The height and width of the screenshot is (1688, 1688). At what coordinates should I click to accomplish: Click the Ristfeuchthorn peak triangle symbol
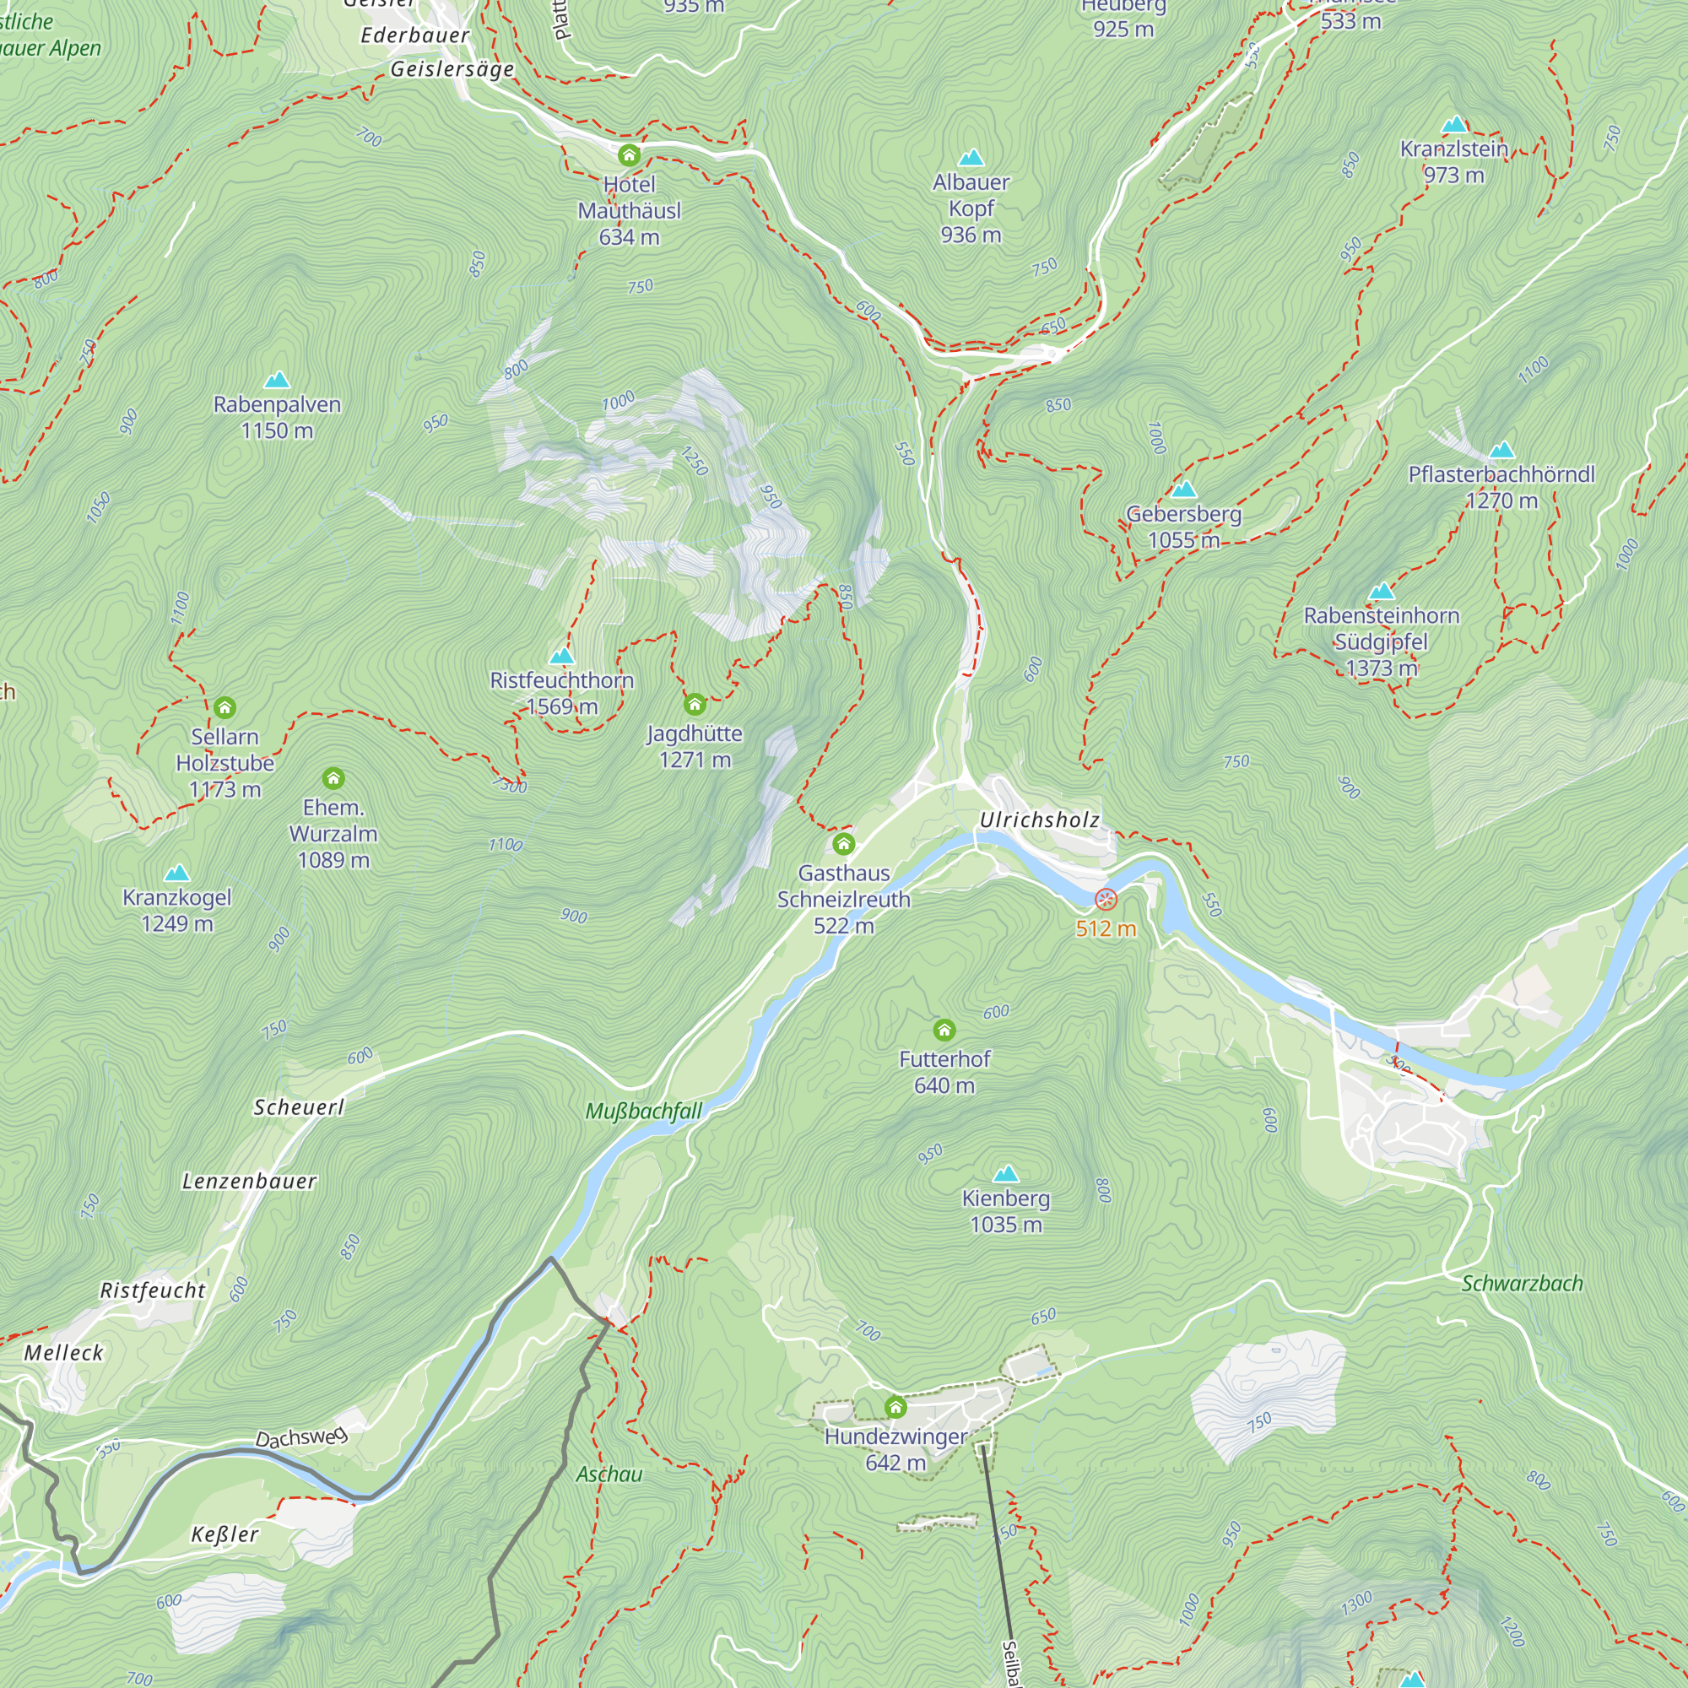(x=562, y=656)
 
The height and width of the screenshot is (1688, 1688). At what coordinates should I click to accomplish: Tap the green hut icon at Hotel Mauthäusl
(x=629, y=156)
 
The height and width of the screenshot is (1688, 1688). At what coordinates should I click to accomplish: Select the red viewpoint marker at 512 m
(x=1106, y=900)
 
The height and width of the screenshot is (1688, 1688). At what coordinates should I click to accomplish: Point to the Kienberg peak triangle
(x=1007, y=1173)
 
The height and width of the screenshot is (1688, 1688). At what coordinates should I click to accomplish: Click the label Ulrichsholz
(x=1039, y=820)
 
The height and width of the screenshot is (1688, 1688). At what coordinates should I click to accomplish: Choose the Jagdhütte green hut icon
(x=695, y=704)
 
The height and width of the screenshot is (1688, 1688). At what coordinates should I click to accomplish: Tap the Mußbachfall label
(x=644, y=1112)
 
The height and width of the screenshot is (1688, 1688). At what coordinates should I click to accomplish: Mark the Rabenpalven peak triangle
(x=277, y=379)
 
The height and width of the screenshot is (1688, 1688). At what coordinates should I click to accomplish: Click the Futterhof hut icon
(x=944, y=1030)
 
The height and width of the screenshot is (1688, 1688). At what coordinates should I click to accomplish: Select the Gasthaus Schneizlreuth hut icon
(x=843, y=844)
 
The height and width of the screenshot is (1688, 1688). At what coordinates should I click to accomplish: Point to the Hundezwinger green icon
(x=895, y=1408)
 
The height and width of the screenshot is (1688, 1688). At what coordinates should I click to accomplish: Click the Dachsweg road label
(x=300, y=1437)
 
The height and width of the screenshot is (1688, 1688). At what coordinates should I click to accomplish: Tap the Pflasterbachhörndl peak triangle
(x=1502, y=450)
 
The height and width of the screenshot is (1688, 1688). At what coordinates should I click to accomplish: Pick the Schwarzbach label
(x=1522, y=1284)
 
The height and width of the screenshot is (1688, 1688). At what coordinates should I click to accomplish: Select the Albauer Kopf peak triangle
(x=971, y=158)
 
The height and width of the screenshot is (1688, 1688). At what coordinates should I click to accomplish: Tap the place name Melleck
(x=64, y=1352)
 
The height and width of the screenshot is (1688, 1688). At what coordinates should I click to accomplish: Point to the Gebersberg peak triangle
(x=1184, y=490)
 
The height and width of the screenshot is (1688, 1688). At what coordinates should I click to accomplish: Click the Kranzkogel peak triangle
(x=177, y=873)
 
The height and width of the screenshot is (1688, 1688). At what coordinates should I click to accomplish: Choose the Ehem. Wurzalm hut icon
(x=333, y=778)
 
